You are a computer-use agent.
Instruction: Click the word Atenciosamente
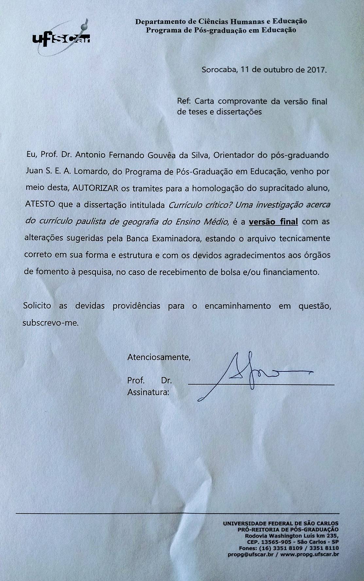tap(159, 357)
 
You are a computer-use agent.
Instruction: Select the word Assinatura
tap(148, 392)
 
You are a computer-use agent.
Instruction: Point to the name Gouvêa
tap(156, 155)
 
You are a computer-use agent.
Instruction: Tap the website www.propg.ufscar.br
tap(309, 555)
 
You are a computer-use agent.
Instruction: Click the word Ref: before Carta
tap(184, 101)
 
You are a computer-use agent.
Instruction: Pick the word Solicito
tap(37, 306)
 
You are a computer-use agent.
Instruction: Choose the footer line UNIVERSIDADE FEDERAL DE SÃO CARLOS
tap(281, 523)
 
